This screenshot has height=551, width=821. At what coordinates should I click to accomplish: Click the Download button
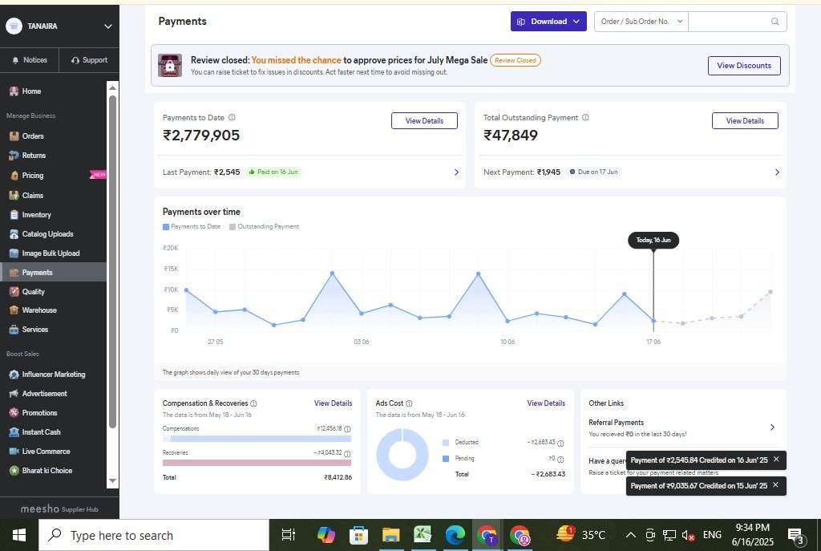tap(548, 22)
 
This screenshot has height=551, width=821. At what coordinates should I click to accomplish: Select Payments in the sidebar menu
tap(37, 273)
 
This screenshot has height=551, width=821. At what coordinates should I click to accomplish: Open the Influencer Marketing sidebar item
tap(53, 375)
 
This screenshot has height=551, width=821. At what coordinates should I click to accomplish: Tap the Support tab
tap(89, 60)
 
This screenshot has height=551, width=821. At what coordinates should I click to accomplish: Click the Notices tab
tap(30, 60)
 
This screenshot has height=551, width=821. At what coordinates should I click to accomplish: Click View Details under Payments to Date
tap(424, 121)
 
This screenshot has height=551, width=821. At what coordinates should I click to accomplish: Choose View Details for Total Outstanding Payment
tap(745, 121)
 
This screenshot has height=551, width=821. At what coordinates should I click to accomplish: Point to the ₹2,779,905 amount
tap(201, 136)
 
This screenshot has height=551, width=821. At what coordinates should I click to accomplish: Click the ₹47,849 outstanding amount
tap(511, 136)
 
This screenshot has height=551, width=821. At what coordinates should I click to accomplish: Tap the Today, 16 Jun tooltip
tap(653, 241)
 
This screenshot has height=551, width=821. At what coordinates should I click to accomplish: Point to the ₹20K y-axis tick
tap(170, 248)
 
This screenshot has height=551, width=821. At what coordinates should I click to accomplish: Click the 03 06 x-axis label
tap(361, 342)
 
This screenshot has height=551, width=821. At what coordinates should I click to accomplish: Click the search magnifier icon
tap(774, 22)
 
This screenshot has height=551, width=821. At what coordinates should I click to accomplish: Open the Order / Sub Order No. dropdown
tap(642, 22)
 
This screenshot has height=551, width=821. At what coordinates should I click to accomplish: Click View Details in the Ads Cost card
tap(546, 403)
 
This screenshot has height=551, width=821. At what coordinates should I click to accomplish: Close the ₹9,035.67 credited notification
tap(776, 485)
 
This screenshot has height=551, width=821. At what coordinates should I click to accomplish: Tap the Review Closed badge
tap(516, 60)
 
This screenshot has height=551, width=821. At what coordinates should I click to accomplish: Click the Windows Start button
tap(18, 535)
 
